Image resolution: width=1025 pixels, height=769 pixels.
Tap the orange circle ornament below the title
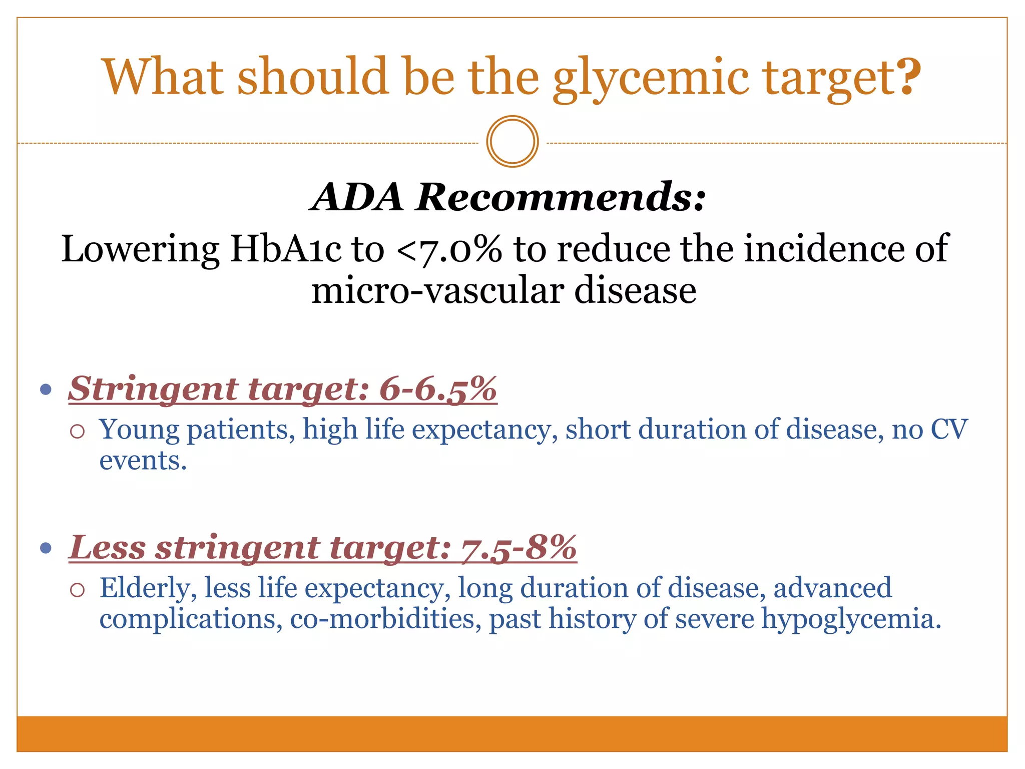coord(512,142)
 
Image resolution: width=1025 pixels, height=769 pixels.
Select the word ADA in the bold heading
coord(357,197)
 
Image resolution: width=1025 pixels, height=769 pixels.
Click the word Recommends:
coord(561,197)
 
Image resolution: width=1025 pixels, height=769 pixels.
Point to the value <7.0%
coord(448,249)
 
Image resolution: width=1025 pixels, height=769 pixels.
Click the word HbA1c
coord(286,249)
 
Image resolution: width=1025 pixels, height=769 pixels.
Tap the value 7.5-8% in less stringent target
coord(519,547)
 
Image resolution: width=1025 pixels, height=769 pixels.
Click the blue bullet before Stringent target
coord(46,390)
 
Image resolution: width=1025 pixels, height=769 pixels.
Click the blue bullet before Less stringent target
coord(46,548)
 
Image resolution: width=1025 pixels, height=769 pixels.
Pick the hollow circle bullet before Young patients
coord(77,431)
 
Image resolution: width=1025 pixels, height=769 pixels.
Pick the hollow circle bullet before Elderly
coord(77,590)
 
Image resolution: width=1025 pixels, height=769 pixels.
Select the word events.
coord(143,461)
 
